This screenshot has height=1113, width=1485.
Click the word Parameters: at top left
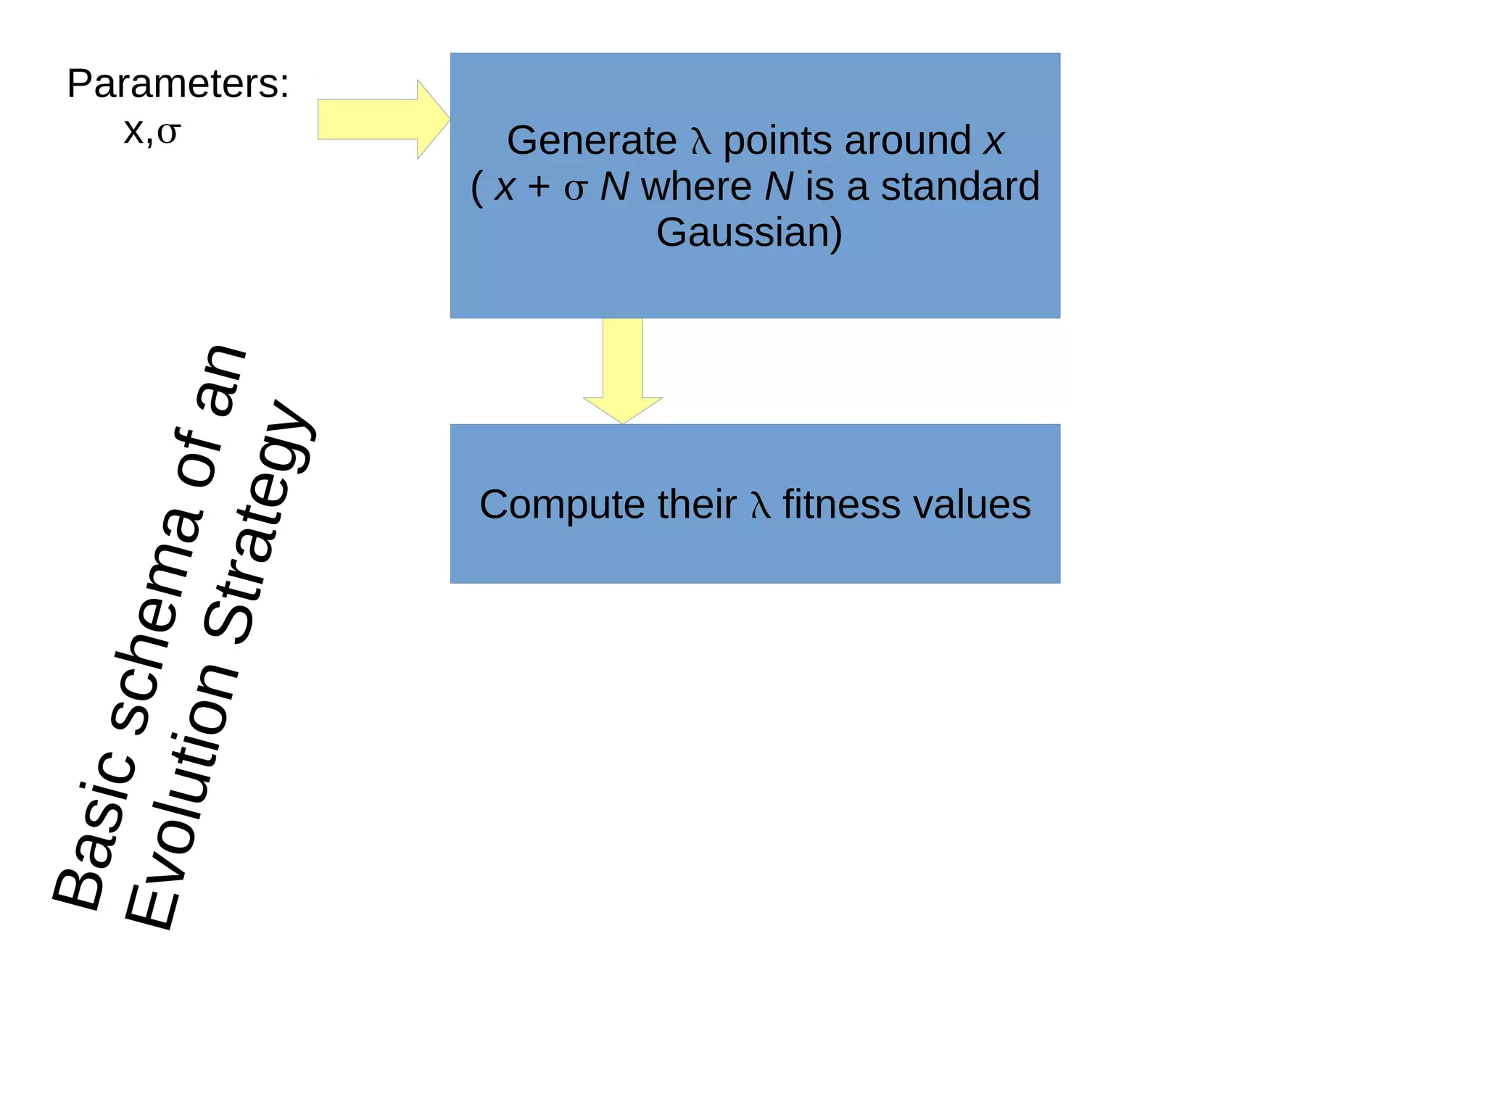pos(178,84)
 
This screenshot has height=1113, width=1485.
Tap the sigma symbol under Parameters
pos(168,133)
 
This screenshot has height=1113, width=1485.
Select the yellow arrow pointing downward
pos(623,370)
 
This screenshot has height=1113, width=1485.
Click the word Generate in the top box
pos(591,141)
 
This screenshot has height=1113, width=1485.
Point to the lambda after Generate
pos(700,141)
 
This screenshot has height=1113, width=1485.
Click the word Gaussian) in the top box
pos(749,233)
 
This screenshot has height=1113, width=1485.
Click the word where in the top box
pos(696,186)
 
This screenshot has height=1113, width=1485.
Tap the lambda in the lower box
pos(759,505)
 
